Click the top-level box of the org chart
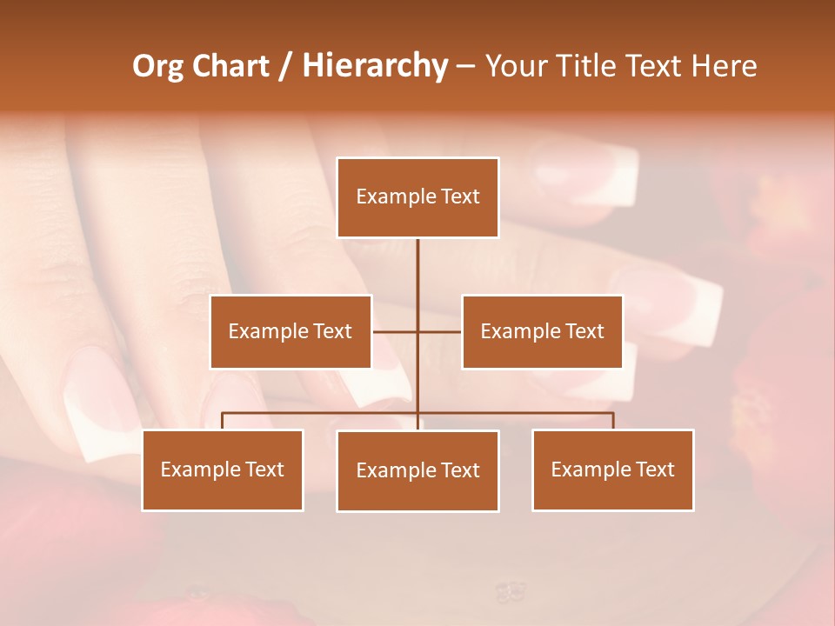point(417,197)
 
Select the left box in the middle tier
point(291,331)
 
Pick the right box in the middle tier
point(542,331)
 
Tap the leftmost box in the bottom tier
point(223,469)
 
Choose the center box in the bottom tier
point(417,470)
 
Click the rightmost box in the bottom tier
point(613,469)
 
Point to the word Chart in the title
point(230,66)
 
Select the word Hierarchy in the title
point(375,66)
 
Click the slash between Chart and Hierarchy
point(285,67)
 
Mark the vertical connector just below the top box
point(417,265)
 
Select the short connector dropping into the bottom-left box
point(223,421)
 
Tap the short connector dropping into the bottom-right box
point(613,421)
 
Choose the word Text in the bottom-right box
point(655,469)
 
